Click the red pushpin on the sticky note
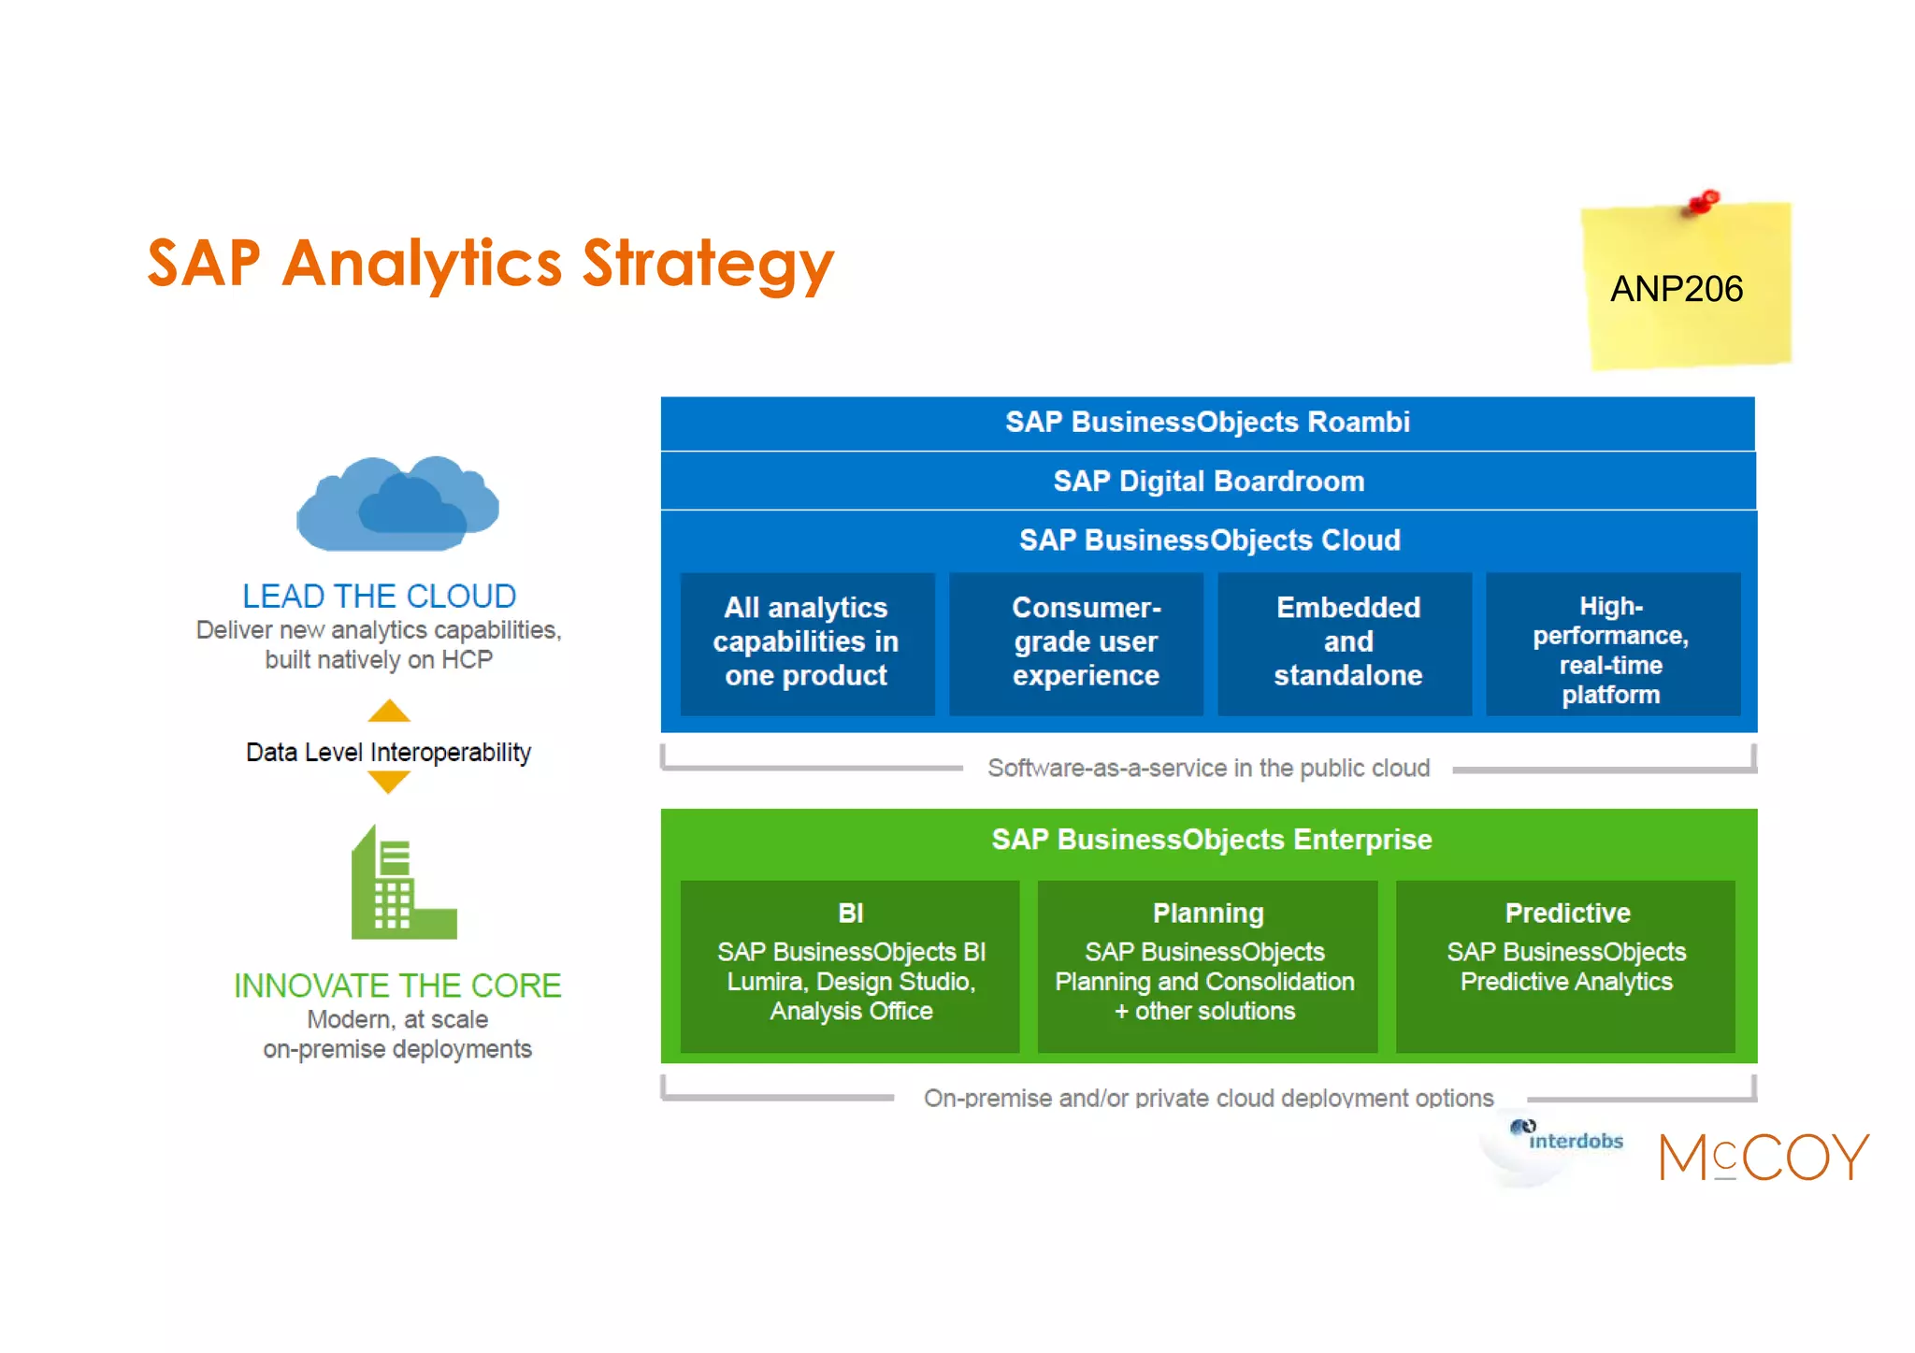click(1704, 202)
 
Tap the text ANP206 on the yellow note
click(1676, 289)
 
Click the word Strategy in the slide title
click(708, 264)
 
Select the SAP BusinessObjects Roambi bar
click(1207, 423)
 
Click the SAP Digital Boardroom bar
click(1208, 482)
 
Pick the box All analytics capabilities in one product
click(806, 642)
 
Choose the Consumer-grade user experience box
click(1086, 642)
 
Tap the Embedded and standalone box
click(1347, 642)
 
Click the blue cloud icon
click(397, 505)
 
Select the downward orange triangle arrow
click(389, 782)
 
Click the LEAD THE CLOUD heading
click(379, 597)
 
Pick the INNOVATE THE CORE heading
click(396, 986)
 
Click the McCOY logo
click(1764, 1158)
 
